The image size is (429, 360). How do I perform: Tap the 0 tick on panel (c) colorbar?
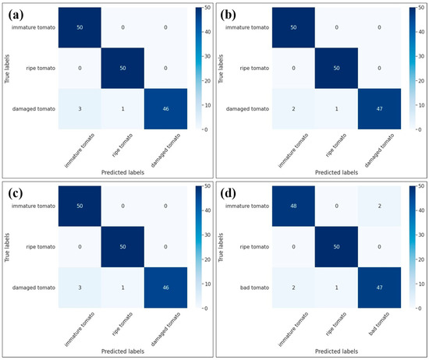click(x=204, y=309)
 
